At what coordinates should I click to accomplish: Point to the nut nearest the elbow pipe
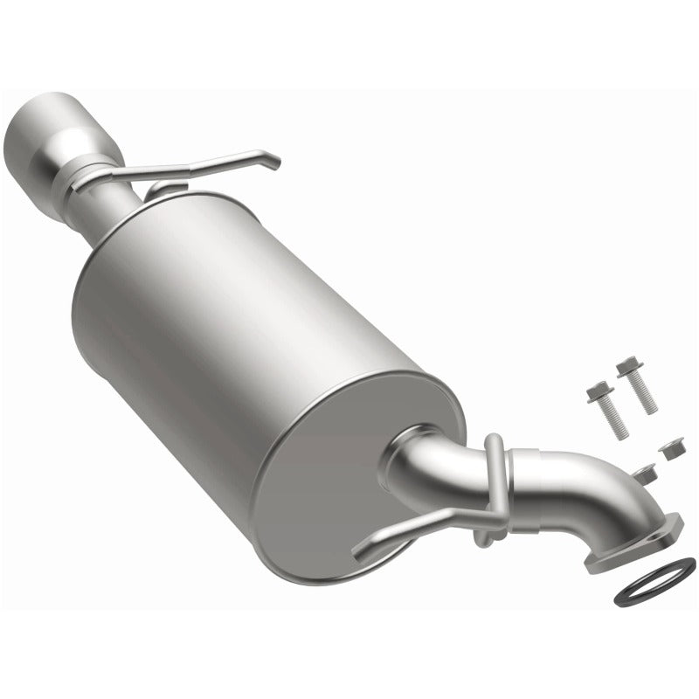(645, 474)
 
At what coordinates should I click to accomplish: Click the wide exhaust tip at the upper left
(44, 131)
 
